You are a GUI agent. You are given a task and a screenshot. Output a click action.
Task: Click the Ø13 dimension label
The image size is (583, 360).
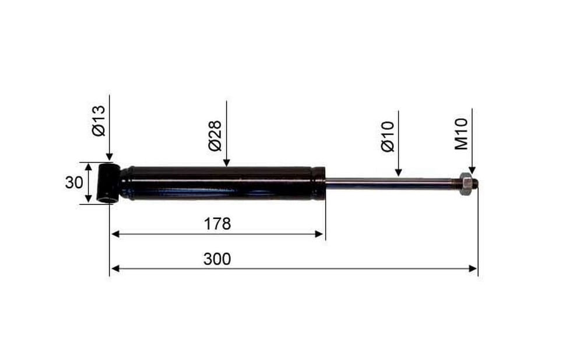coord(99,121)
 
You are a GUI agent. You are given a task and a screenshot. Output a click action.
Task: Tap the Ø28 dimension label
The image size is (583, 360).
coord(215,136)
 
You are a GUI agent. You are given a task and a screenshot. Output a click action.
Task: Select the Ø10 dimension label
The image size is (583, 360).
coord(388,137)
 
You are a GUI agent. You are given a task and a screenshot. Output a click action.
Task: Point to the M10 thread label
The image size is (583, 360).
coord(461,134)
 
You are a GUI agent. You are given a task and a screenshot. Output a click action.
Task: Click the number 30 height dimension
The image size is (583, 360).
coord(74,182)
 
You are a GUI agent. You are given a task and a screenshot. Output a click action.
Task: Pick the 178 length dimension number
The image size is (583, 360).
coord(217,224)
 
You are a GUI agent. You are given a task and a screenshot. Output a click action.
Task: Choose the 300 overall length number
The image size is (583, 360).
coord(217,259)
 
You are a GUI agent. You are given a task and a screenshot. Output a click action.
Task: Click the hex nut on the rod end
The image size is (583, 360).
coord(465,183)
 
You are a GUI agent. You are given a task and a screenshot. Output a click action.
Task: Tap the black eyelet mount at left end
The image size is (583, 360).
coord(108,183)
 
